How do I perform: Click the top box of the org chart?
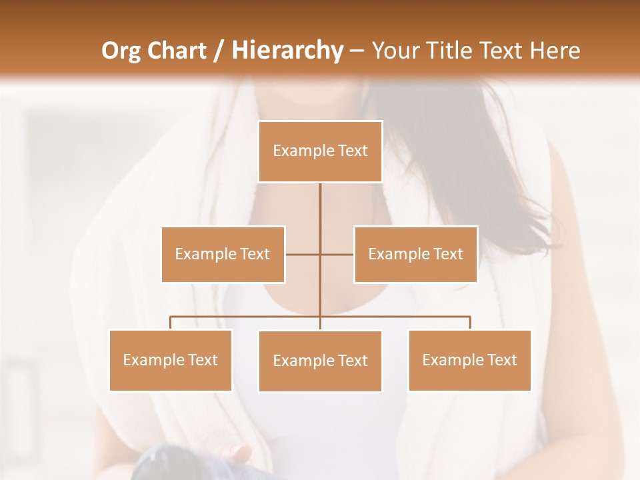pyautogui.click(x=320, y=151)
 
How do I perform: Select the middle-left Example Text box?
pyautogui.click(x=223, y=254)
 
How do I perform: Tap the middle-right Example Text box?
pyautogui.click(x=415, y=254)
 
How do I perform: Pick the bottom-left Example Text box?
pyautogui.click(x=171, y=360)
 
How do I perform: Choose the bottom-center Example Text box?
pyautogui.click(x=320, y=361)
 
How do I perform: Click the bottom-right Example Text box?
pyautogui.click(x=469, y=360)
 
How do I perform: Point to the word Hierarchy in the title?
pyautogui.click(x=287, y=51)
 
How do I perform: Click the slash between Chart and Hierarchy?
pyautogui.click(x=219, y=51)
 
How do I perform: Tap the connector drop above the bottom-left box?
pyautogui.click(x=171, y=323)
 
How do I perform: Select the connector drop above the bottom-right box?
pyautogui.click(x=470, y=323)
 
